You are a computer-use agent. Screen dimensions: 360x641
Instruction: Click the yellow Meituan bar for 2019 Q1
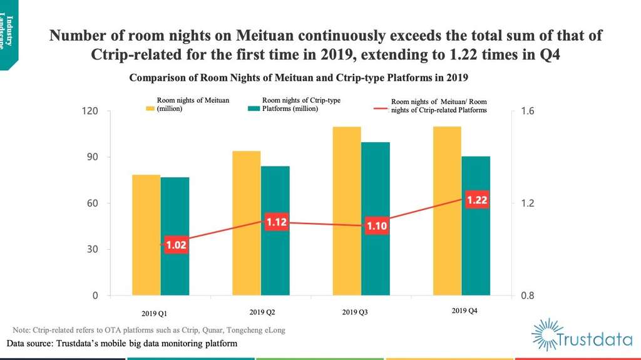pos(146,235)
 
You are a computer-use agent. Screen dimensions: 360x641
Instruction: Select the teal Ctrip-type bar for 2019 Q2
pos(275,230)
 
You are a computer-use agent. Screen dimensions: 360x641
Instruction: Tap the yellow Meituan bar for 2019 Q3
pos(347,211)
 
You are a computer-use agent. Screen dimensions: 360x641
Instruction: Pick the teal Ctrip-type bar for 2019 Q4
pos(476,225)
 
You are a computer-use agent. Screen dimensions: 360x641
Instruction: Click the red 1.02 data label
pos(177,245)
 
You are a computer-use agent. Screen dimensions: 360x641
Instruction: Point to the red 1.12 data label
pos(276,222)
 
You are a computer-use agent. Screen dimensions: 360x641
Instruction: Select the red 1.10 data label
pos(377,226)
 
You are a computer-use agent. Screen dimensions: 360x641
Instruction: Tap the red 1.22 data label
pos(477,200)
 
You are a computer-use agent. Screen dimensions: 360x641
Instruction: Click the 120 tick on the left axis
pos(92,111)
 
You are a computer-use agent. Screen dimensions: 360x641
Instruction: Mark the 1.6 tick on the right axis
pos(527,111)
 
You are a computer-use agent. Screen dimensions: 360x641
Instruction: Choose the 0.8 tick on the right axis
pos(527,296)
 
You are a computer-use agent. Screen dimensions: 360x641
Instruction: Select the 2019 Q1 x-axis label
pos(153,313)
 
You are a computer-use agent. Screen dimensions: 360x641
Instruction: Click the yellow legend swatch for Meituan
pos(150,108)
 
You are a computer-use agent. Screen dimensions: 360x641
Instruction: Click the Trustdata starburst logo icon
pos(546,334)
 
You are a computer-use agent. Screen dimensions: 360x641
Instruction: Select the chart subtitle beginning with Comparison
pos(299,78)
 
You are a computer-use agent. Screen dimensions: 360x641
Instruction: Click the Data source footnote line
pos(122,344)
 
